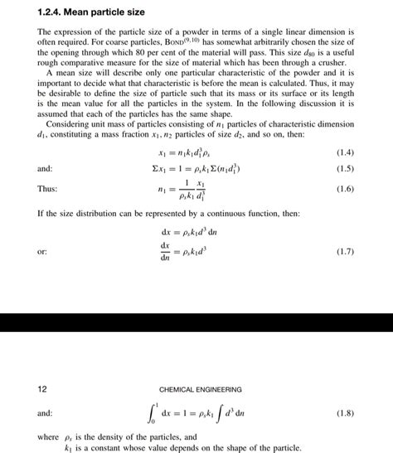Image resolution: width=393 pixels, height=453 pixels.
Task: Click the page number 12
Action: (44, 388)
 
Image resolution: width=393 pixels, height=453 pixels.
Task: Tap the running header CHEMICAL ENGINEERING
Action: (200, 388)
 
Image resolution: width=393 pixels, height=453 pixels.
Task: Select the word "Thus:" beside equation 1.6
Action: (47, 189)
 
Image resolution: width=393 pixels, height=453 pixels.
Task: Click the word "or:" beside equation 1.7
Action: (42, 250)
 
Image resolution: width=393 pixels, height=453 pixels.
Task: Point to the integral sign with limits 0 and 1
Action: (150, 412)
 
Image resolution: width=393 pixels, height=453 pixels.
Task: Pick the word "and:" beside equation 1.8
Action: (45, 412)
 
